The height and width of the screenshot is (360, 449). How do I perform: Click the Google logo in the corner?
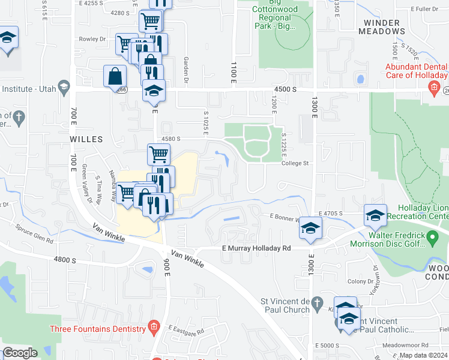coord(20,353)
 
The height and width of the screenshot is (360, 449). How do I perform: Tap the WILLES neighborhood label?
coord(85,139)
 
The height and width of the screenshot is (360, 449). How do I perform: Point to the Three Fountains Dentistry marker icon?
coord(154,328)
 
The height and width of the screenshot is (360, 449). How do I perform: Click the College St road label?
coord(295,163)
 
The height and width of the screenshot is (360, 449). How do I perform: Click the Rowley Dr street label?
coord(92,39)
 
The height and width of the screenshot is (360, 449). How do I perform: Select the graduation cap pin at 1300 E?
coord(310,229)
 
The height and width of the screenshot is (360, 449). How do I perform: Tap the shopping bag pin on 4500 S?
coord(115,77)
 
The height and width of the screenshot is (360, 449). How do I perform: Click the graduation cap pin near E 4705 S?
coord(375,215)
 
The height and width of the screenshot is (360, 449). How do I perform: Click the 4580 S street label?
coord(170,139)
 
